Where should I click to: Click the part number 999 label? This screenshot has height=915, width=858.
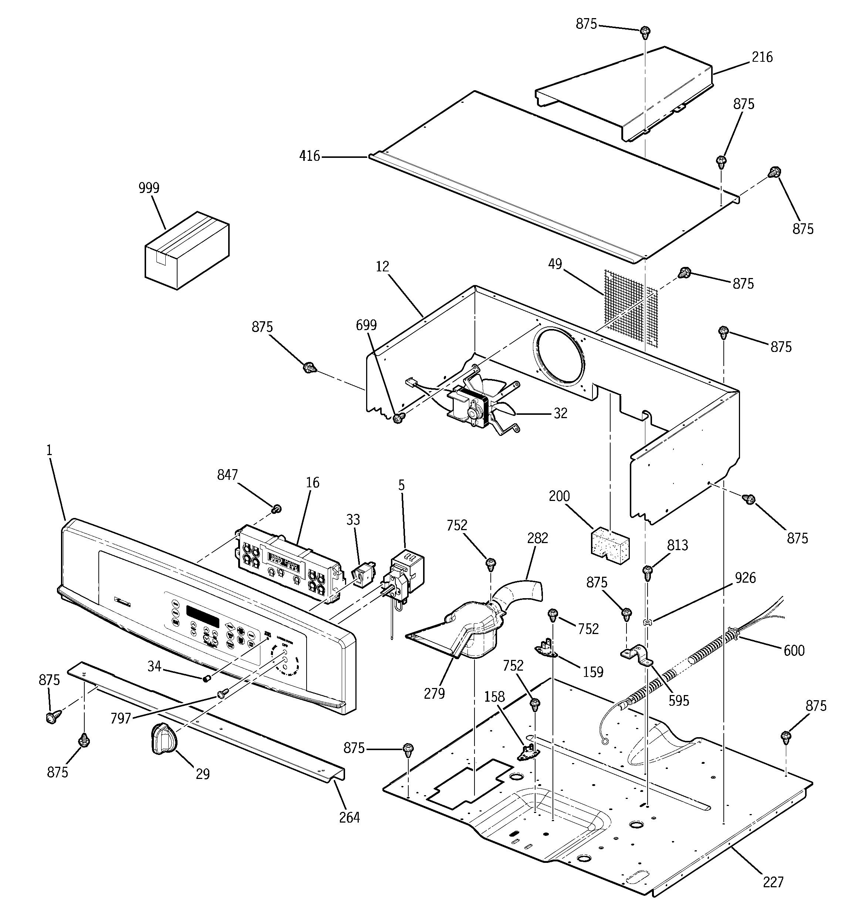(149, 188)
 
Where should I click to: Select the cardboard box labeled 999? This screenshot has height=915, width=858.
(186, 251)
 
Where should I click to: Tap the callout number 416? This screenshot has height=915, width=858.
(310, 156)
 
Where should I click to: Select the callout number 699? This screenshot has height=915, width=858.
(366, 325)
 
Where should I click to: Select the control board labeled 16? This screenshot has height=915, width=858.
(290, 564)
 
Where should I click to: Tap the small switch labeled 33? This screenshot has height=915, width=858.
(362, 576)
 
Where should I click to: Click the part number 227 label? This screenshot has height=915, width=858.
(773, 882)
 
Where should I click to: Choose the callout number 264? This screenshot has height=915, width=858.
(349, 817)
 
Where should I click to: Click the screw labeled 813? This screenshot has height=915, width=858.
(647, 571)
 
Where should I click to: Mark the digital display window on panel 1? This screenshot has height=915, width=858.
(203, 616)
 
